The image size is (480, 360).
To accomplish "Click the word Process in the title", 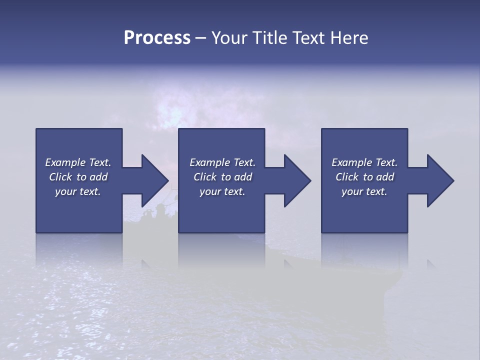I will tap(157, 38).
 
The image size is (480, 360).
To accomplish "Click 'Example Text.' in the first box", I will tap(78, 162).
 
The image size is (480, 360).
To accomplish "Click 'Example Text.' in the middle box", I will tap(222, 162).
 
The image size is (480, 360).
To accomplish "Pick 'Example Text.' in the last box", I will tap(364, 162).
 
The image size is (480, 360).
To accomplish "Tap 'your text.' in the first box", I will tap(78, 191).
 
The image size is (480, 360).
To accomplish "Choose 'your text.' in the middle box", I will tap(222, 191).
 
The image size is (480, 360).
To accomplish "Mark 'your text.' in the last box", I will tap(364, 191).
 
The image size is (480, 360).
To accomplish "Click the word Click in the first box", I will tap(60, 177).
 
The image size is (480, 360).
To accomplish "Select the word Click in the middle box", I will tap(205, 177).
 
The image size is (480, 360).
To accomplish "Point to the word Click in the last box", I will tap(347, 177).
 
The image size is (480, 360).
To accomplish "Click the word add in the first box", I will tap(98, 177).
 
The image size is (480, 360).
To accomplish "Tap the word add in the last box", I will tap(385, 177).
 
